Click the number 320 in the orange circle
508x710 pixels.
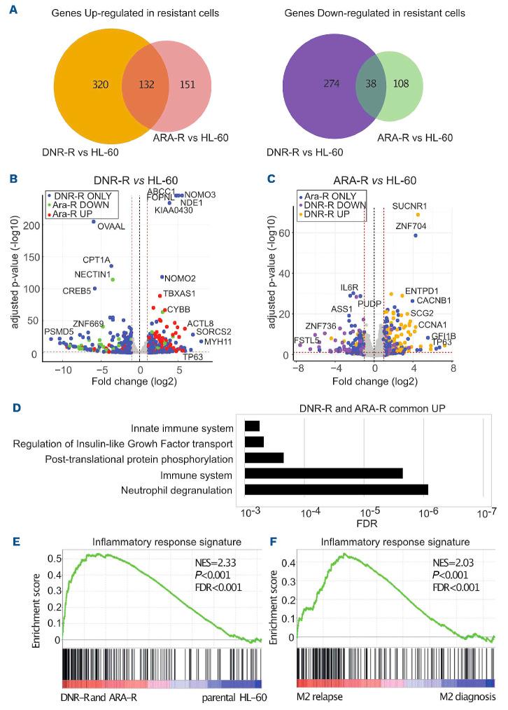pos(101,85)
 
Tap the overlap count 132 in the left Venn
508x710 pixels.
pos(146,85)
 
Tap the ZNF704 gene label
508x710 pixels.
pos(409,225)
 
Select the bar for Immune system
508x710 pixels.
pos(323,473)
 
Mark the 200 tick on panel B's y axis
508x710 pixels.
pos(31,225)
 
